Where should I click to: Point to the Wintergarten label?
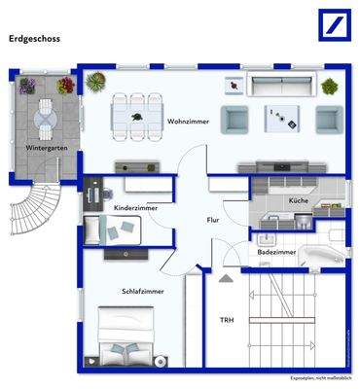(46, 148)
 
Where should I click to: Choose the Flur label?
(213, 221)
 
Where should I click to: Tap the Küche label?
(299, 200)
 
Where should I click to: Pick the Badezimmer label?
(277, 251)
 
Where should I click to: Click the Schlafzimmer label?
(143, 291)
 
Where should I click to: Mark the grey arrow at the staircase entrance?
(227, 276)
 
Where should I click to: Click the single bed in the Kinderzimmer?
(111, 230)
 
